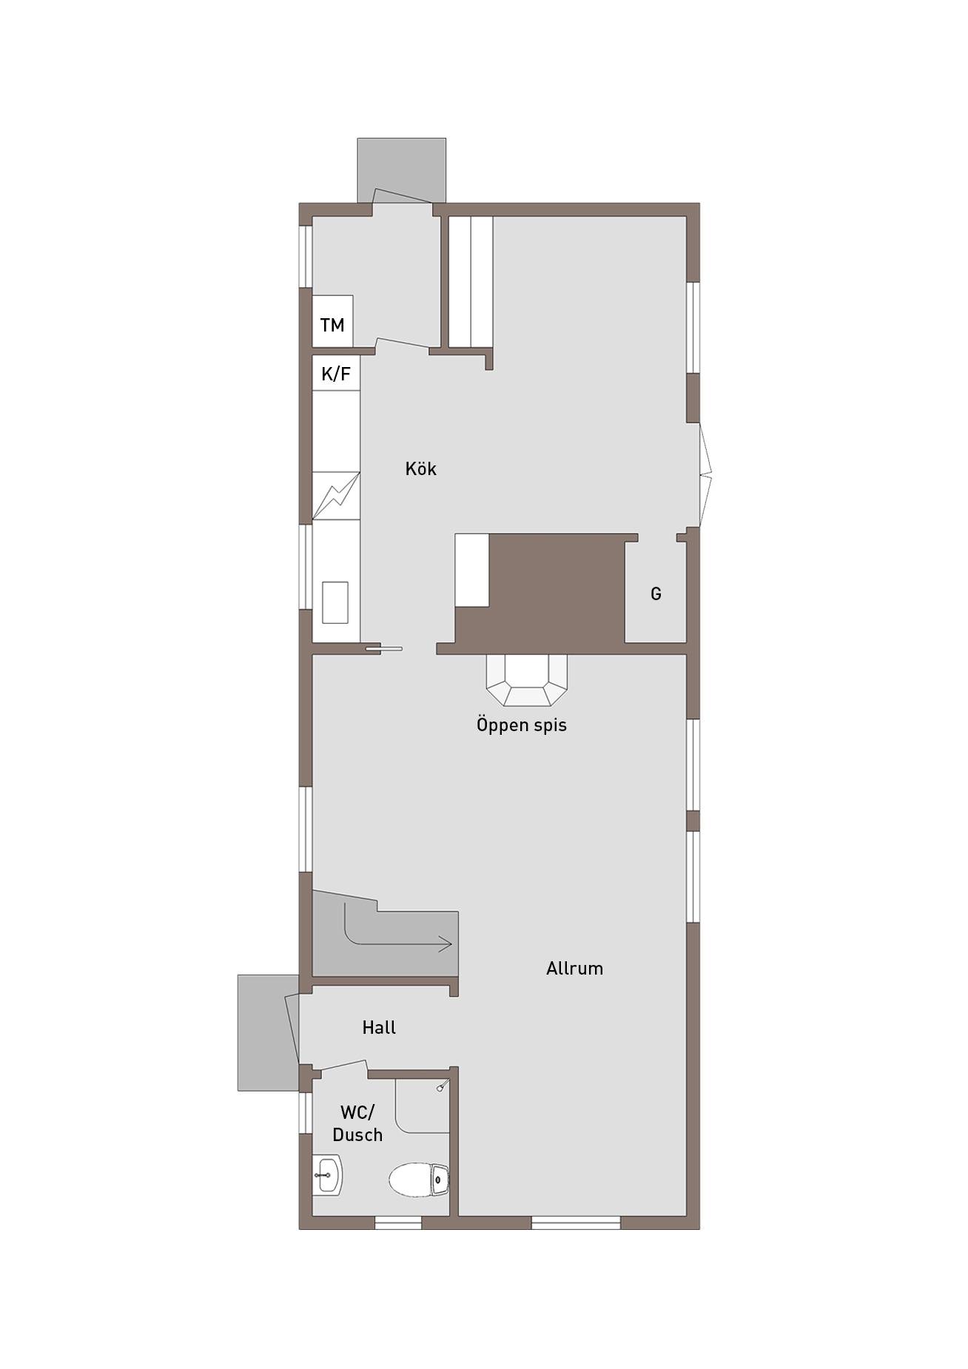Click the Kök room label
pos(420,468)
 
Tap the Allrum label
pos(574,968)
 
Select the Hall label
pos(379,1027)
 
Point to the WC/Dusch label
pos(357,1123)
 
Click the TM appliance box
pos(332,321)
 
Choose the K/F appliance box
pos(336,374)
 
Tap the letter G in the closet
pos(656,593)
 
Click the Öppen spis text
pos(522,724)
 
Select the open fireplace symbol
pos(527,680)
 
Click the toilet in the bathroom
pos(419,1179)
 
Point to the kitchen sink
pos(335,602)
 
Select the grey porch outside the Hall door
pos(266,1032)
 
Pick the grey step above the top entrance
pos(402,169)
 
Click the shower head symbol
pos(442,1086)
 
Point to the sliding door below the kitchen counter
pos(384,649)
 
